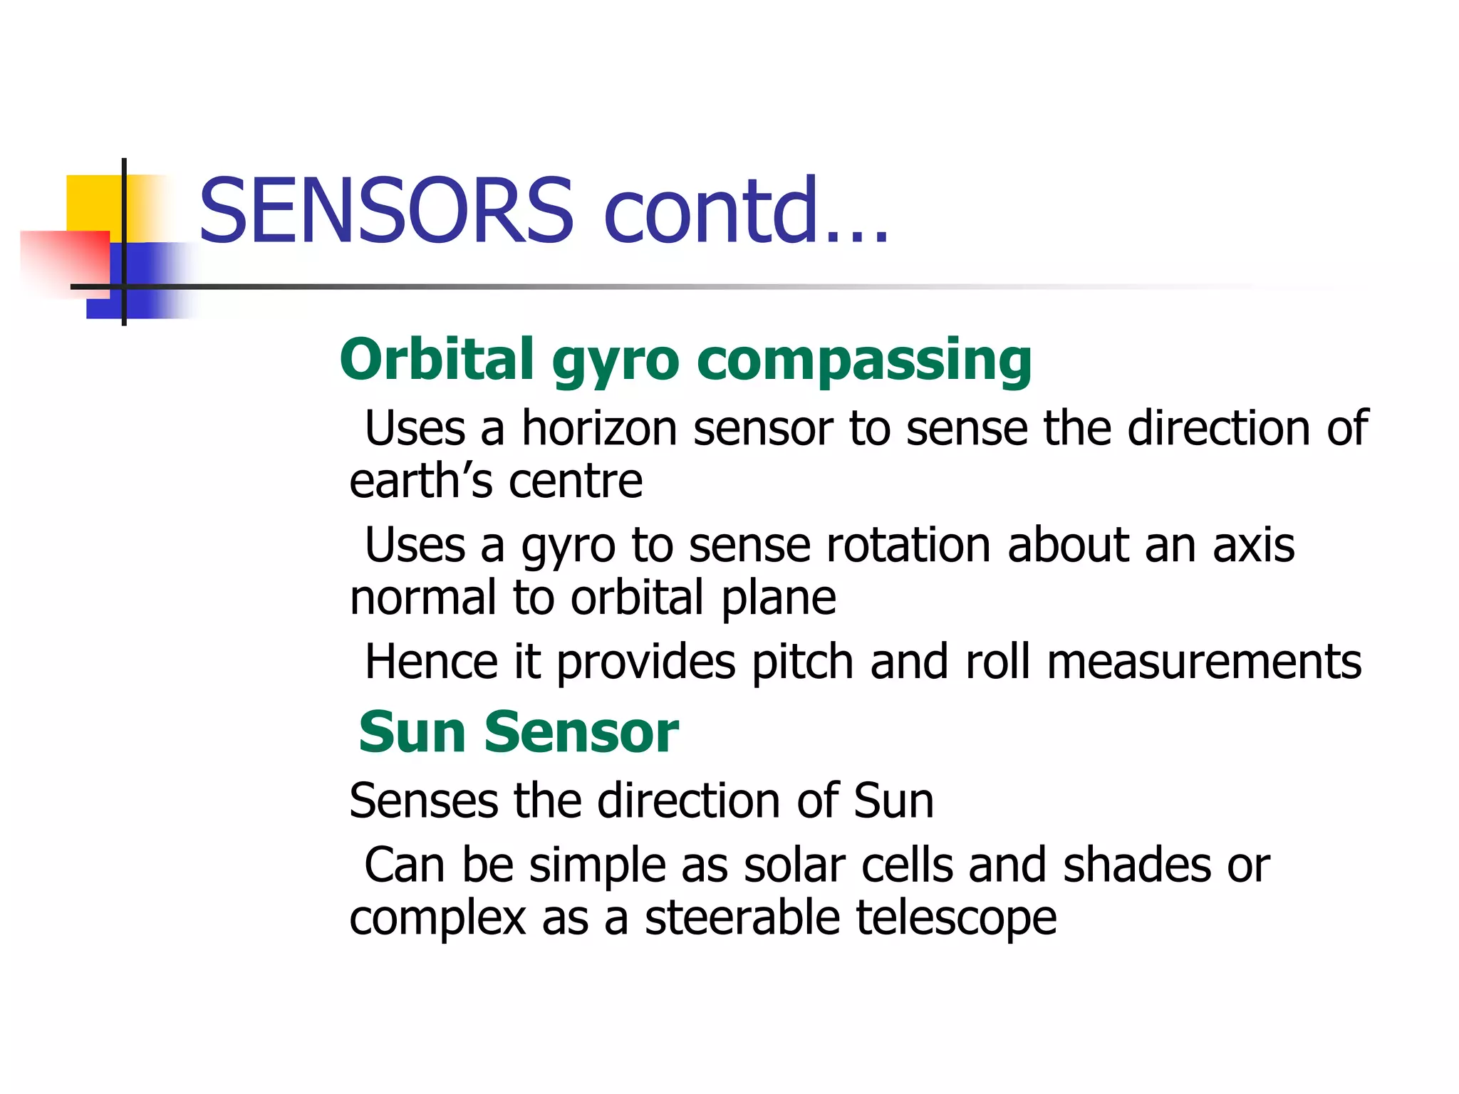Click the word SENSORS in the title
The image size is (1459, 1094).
tap(385, 211)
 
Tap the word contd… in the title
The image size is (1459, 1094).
tap(745, 211)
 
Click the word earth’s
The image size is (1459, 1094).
tap(420, 481)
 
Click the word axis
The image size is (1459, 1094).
tap(1253, 546)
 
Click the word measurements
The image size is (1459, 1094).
tap(1204, 663)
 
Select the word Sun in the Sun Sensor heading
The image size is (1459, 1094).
tap(412, 733)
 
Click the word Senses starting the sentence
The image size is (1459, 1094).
tap(423, 801)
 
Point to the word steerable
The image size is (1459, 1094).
tap(742, 918)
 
